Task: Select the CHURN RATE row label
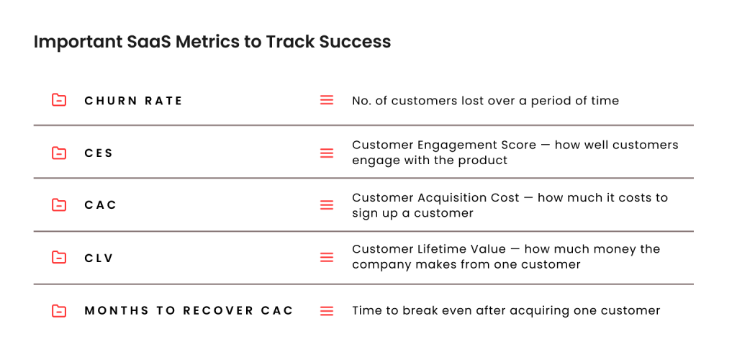133,101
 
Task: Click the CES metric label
99,153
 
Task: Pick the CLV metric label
99,258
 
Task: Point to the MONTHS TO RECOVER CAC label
189,310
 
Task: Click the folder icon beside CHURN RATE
59,100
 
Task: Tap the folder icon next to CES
59,153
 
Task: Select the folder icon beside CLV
59,257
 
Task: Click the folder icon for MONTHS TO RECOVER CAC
59,310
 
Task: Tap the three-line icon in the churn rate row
327,100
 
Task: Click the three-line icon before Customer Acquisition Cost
327,205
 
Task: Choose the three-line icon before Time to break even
327,311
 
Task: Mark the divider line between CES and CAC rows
363,178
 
